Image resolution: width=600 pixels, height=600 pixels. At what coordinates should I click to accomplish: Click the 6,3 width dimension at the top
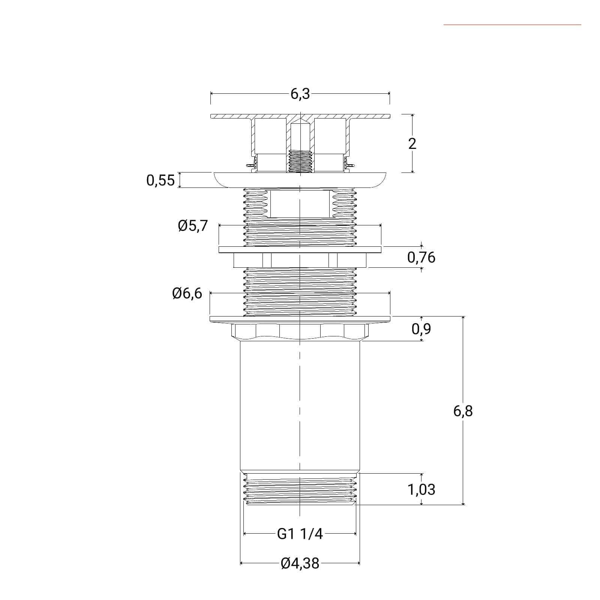(x=300, y=94)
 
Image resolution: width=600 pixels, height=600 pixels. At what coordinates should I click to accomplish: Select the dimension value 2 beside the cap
(x=412, y=144)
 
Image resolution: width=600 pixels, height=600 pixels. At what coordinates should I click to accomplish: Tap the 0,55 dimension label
(x=160, y=180)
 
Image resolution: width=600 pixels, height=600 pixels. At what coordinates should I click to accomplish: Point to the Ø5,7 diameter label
(x=193, y=226)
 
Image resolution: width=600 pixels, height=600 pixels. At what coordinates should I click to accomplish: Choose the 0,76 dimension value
(x=421, y=258)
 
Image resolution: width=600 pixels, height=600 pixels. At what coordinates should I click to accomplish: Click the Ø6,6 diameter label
(x=187, y=293)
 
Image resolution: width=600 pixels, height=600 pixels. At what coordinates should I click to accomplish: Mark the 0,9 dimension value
(x=421, y=329)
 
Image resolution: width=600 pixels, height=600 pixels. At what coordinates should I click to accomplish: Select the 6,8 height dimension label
(x=463, y=411)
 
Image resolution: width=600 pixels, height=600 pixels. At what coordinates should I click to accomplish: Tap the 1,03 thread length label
(x=421, y=489)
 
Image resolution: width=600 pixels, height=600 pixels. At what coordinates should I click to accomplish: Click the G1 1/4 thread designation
(x=300, y=534)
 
